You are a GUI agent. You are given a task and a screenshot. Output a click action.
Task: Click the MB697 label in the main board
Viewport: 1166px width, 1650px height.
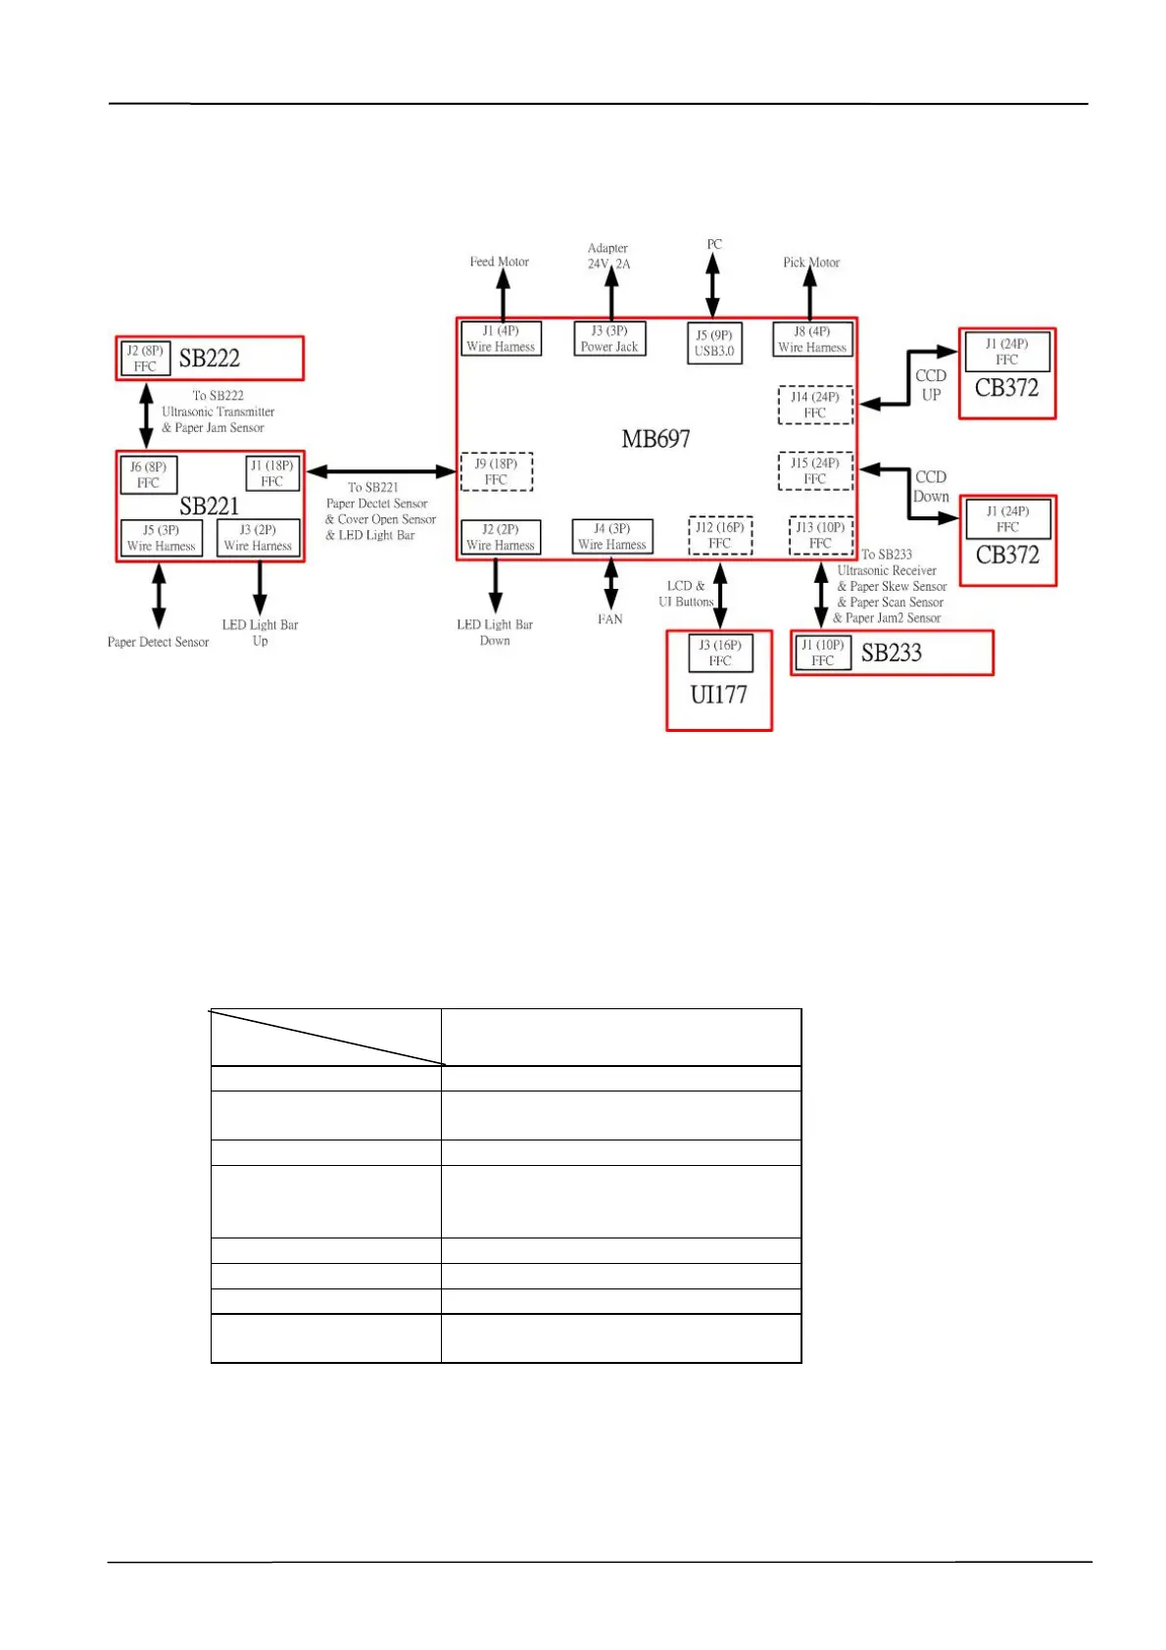pyautogui.click(x=656, y=439)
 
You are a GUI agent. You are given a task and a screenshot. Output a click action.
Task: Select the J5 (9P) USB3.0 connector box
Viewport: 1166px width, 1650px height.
pyautogui.click(x=713, y=343)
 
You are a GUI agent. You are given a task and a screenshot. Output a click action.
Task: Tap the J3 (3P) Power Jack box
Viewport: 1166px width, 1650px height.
pyautogui.click(x=609, y=339)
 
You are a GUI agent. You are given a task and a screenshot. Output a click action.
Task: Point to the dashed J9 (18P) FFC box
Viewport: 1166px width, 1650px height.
pyautogui.click(x=497, y=471)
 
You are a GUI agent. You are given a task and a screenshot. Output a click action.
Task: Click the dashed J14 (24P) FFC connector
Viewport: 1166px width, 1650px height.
pyautogui.click(x=815, y=405)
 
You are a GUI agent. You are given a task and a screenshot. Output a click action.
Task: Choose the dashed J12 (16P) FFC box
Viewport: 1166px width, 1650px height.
pyautogui.click(x=720, y=535)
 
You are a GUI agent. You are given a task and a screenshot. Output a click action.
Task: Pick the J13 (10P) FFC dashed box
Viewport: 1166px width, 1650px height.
pyautogui.click(x=820, y=535)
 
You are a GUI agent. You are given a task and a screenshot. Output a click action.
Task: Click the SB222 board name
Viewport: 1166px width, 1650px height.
pyautogui.click(x=209, y=359)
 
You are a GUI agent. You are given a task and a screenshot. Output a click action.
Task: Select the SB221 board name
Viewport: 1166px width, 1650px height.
pyautogui.click(x=209, y=506)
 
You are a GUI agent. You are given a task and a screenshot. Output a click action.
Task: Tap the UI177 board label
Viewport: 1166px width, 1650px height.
pyautogui.click(x=718, y=695)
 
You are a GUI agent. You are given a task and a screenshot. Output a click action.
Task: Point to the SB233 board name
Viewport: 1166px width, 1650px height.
pyautogui.click(x=891, y=653)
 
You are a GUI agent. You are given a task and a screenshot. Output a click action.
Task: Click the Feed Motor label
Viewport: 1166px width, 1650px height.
pyautogui.click(x=499, y=262)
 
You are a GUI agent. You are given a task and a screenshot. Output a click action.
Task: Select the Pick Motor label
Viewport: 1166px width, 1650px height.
pyautogui.click(x=810, y=263)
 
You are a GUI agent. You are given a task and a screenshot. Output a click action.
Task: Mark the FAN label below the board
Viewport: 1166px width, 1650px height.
pyautogui.click(x=609, y=619)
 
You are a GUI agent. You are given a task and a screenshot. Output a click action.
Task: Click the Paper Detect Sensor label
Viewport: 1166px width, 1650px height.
pyautogui.click(x=158, y=642)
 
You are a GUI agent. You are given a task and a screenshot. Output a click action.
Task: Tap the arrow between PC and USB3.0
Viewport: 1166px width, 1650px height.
pyautogui.click(x=712, y=285)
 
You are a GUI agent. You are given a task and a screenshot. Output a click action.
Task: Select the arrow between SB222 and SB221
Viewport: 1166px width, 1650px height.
pyautogui.click(x=147, y=415)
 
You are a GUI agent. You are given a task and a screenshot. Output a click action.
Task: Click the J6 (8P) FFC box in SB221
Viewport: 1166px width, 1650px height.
pyautogui.click(x=149, y=474)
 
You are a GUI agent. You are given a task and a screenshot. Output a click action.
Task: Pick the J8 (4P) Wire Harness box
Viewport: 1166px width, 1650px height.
pyautogui.click(x=811, y=339)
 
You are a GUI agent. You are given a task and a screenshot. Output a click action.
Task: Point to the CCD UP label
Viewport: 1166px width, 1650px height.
pyautogui.click(x=930, y=385)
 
